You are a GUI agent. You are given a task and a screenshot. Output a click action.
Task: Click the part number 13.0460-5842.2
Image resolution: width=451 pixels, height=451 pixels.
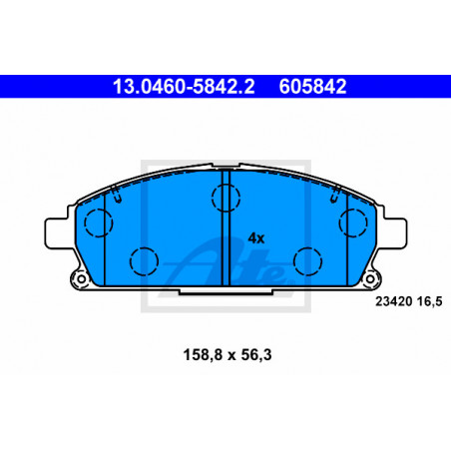click(184, 87)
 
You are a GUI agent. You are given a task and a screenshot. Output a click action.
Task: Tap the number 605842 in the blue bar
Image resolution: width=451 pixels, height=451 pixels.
click(312, 87)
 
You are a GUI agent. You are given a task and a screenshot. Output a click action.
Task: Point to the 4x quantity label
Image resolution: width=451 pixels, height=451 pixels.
click(256, 238)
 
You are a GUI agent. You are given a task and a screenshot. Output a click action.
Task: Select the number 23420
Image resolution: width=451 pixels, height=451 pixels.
click(394, 301)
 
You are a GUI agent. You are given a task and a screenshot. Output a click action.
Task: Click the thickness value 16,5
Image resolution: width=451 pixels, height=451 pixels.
click(430, 302)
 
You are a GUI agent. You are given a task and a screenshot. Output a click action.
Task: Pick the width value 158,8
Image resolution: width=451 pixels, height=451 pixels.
click(203, 355)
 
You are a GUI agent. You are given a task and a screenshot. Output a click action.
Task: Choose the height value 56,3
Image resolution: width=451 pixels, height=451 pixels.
click(256, 355)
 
